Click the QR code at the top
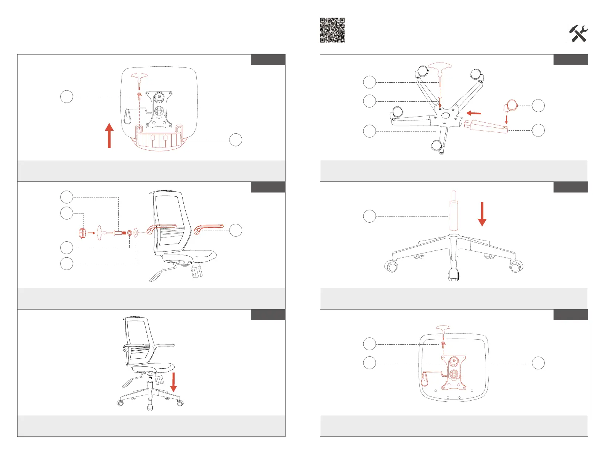[x=332, y=30]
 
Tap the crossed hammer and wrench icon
[x=578, y=34]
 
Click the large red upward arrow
[x=109, y=135]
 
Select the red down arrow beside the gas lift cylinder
[x=482, y=214]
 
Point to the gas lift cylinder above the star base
[x=453, y=212]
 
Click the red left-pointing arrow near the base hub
[x=473, y=113]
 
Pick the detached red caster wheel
[x=511, y=105]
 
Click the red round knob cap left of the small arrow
[x=82, y=233]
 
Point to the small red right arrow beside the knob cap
[x=91, y=233]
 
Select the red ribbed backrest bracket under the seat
[x=159, y=139]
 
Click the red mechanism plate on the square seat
[x=454, y=373]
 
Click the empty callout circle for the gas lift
[x=369, y=217]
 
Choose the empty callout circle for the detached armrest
[x=236, y=230]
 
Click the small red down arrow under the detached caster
[x=506, y=119]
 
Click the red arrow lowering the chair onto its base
[x=173, y=382]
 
